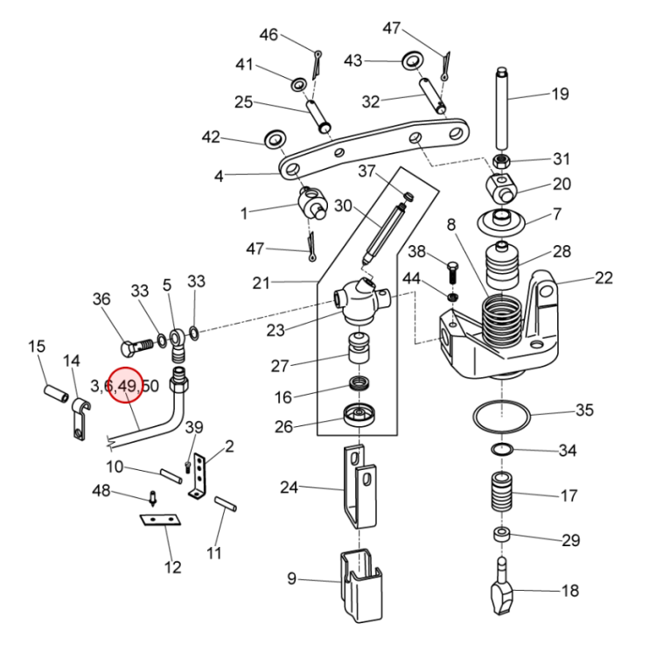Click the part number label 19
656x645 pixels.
560,94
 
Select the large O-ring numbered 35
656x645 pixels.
502,401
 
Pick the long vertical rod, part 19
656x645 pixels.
502,109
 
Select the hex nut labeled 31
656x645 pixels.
502,160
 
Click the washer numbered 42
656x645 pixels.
275,139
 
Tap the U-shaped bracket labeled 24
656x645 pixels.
359,487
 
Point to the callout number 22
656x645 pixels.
604,278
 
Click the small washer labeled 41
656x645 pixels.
299,85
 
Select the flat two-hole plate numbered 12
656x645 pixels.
160,520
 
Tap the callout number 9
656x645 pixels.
291,578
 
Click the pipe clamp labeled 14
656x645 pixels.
80,418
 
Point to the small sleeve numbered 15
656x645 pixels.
56,394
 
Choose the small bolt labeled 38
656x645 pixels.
453,272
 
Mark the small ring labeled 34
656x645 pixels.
502,450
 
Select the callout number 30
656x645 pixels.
343,206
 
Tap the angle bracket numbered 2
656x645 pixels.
198,476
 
